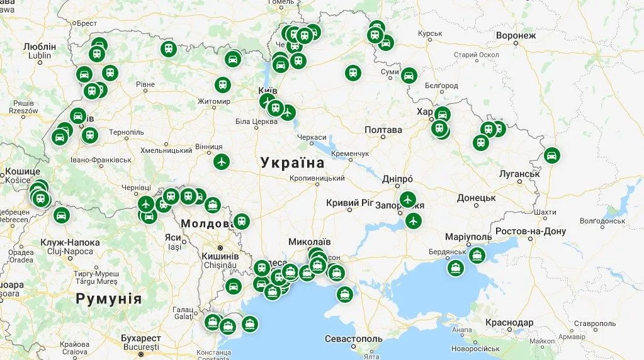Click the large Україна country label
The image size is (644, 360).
tap(293, 163)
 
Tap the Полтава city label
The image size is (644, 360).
tap(383, 130)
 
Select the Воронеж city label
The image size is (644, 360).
tap(516, 35)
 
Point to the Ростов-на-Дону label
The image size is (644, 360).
tap(531, 231)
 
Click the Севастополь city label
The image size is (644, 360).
tap(351, 339)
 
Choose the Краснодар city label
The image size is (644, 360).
tap(509, 323)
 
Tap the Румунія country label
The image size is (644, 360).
tap(108, 298)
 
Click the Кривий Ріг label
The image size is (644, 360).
tap(351, 203)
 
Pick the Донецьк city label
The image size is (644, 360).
tap(477, 198)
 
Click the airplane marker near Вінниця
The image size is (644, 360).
tap(221, 162)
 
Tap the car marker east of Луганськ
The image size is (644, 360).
tap(551, 155)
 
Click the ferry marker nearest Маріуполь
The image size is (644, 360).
tap(477, 256)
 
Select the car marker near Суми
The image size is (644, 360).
tap(409, 76)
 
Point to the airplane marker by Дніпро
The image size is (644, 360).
tap(408, 200)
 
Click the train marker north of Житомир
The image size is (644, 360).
tap(222, 85)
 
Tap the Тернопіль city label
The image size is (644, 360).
tap(126, 132)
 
